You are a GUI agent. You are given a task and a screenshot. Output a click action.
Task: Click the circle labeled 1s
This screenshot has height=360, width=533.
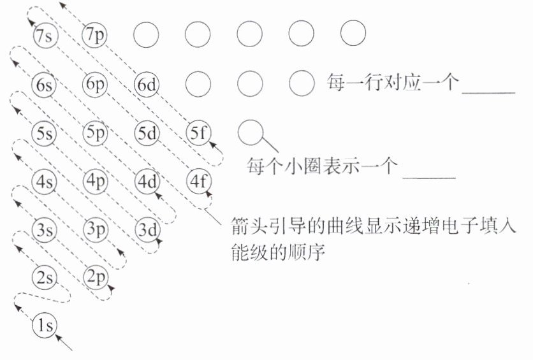click(45, 326)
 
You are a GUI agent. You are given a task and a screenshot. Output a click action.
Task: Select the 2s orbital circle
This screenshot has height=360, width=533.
click(45, 277)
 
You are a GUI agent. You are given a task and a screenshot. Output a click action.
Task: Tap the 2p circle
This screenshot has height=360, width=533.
click(96, 277)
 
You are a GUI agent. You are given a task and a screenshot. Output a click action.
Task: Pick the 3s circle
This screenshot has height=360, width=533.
click(45, 229)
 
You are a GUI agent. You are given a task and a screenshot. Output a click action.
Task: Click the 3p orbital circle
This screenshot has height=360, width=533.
click(96, 228)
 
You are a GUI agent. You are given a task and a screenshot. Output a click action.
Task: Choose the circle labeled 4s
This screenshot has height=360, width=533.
click(45, 182)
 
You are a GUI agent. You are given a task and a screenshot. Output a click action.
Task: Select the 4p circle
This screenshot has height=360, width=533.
click(96, 181)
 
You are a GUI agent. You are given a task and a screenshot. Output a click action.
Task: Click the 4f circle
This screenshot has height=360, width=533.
click(198, 181)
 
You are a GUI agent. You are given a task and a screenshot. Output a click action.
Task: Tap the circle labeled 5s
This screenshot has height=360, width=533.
click(45, 134)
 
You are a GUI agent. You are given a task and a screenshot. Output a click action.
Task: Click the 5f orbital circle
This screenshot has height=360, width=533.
click(198, 134)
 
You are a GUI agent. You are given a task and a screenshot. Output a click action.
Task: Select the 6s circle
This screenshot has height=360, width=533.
click(45, 85)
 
